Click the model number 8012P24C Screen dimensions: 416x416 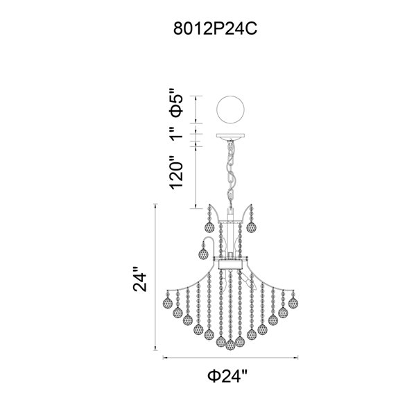pyautogui.click(x=215, y=28)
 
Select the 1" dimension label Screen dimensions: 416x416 pyautogui.click(x=177, y=133)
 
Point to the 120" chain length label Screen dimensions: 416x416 pyautogui.click(x=177, y=172)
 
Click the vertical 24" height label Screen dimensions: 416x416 pyautogui.click(x=140, y=279)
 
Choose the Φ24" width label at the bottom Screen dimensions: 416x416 pyautogui.click(x=228, y=376)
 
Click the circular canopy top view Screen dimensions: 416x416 pyautogui.click(x=230, y=110)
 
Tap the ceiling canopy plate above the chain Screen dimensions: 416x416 pyautogui.click(x=230, y=137)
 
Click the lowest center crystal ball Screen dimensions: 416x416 pyautogui.click(x=230, y=345)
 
